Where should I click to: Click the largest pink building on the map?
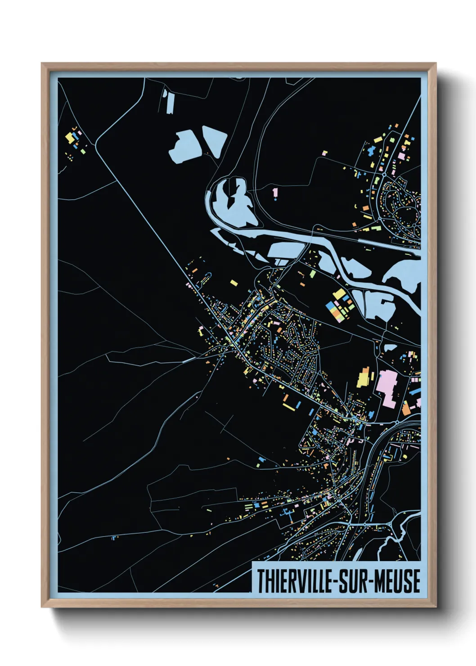coord(386,387)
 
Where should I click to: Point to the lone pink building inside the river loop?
coord(275,193)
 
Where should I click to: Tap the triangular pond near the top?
coord(214,140)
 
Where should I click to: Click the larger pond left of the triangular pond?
coord(184,146)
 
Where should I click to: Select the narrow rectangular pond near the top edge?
coord(169,102)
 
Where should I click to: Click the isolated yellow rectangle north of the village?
coord(234,283)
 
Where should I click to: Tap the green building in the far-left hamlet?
coord(75,133)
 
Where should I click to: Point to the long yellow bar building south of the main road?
coord(291,406)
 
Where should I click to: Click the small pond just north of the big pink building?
coord(390,347)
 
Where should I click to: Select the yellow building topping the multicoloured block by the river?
coord(339,294)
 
